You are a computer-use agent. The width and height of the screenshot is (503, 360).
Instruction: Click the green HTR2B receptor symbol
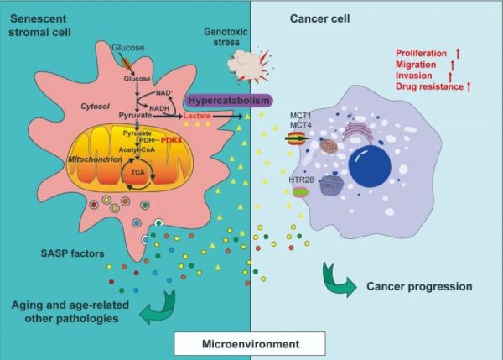pyautogui.click(x=300, y=192)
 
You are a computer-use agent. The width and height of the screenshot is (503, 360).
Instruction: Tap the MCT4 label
pyautogui.click(x=301, y=125)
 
